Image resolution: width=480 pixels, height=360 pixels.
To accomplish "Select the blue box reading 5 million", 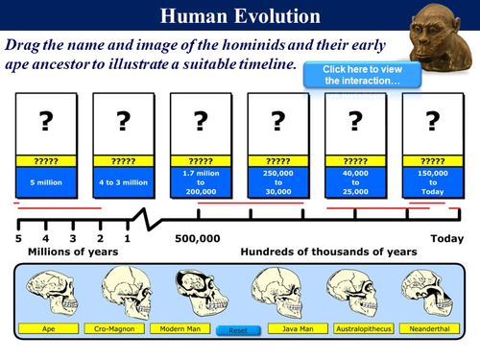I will (46, 181).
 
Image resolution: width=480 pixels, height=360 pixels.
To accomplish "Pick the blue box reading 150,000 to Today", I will (433, 181).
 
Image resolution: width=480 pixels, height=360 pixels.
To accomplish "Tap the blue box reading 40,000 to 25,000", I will (355, 181).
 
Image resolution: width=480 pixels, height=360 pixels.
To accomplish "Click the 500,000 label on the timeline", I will (200, 239).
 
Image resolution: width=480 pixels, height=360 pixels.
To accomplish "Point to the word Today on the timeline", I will (446, 239).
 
